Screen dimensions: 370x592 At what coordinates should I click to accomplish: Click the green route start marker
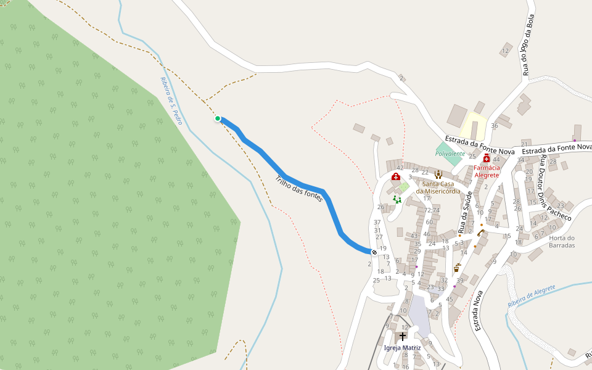point(218,118)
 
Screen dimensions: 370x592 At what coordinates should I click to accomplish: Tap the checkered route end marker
point(374,252)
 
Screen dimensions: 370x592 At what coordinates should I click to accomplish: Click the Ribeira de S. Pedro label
point(171,101)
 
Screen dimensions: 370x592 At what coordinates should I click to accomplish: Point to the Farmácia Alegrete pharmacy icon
point(487,158)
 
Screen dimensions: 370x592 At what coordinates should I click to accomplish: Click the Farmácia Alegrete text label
point(487,171)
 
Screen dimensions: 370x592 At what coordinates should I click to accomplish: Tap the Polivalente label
point(450,154)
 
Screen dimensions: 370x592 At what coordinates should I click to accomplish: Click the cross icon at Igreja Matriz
point(403,336)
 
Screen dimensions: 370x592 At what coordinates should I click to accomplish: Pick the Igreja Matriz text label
point(402,348)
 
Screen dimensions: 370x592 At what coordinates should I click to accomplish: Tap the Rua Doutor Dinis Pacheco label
point(555,188)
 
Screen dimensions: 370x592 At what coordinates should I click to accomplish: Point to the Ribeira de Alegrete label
point(531,296)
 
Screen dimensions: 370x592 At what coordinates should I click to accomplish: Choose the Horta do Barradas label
point(562,241)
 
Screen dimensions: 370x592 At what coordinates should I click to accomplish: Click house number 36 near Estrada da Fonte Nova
point(494,126)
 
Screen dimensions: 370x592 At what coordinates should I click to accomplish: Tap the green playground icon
point(397,199)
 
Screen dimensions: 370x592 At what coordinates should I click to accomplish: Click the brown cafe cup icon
point(456,269)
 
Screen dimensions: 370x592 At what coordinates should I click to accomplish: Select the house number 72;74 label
point(432,210)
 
